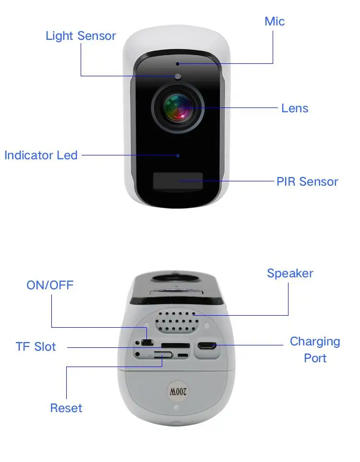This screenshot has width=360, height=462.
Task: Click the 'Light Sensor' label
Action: (81, 36)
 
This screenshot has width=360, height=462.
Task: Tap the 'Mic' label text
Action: (275, 22)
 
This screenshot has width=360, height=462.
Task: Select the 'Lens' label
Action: (295, 108)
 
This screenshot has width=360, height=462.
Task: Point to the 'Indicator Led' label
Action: (41, 155)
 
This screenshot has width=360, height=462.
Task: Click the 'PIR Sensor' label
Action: (307, 182)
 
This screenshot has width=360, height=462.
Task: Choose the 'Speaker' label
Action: (290, 273)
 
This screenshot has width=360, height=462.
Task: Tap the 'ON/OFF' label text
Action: (50, 285)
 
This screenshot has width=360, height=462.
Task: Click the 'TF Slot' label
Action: (36, 347)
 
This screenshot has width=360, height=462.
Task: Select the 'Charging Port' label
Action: (315, 350)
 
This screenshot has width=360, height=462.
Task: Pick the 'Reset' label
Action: (66, 408)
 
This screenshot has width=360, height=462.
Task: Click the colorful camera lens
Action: (178, 107)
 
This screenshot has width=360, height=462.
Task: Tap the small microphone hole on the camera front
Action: (178, 64)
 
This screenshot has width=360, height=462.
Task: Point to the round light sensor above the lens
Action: (178, 76)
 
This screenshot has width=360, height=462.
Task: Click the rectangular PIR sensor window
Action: (178, 181)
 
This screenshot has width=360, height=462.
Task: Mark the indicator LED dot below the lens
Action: (178, 155)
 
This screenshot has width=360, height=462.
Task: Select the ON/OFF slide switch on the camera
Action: (146, 343)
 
